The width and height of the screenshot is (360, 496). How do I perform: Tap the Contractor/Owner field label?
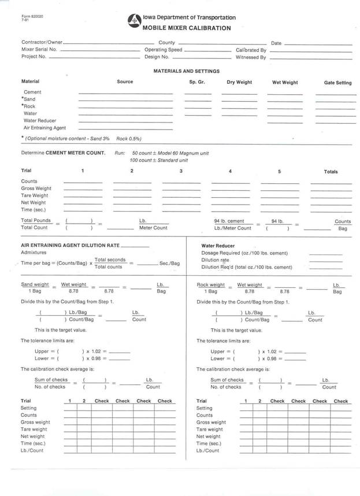pos(42,43)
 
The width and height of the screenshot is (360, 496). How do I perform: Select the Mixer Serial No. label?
pos(39,50)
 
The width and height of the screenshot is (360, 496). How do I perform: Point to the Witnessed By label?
pos(251,57)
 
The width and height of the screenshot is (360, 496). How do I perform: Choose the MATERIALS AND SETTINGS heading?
pos(186,71)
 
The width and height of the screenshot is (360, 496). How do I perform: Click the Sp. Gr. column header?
pos(197,82)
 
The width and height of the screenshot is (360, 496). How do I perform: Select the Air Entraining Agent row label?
pos(44,127)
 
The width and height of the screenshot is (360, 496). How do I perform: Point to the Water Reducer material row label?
pos(40,120)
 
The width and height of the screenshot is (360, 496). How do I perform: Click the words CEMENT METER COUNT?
pos(79,153)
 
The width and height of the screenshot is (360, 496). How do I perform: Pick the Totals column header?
pos(331,172)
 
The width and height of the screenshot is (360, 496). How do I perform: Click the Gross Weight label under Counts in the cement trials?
pos(36,188)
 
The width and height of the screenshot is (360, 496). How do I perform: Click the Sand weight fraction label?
pos(35,284)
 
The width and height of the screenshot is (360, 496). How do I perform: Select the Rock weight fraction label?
pos(211,284)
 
